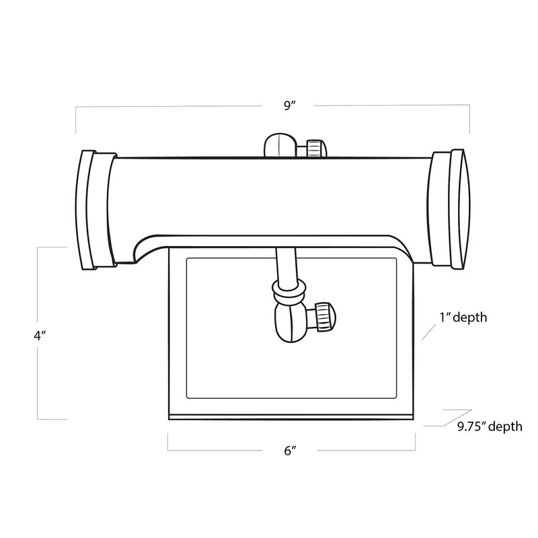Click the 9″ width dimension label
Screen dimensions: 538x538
(x=290, y=105)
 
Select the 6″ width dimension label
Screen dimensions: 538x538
(x=290, y=451)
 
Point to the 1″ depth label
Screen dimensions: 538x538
(x=463, y=317)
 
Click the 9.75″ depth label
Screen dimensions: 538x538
(x=489, y=426)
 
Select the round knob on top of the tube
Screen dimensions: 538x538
(x=277, y=145)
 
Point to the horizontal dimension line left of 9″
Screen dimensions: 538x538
(x=168, y=106)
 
